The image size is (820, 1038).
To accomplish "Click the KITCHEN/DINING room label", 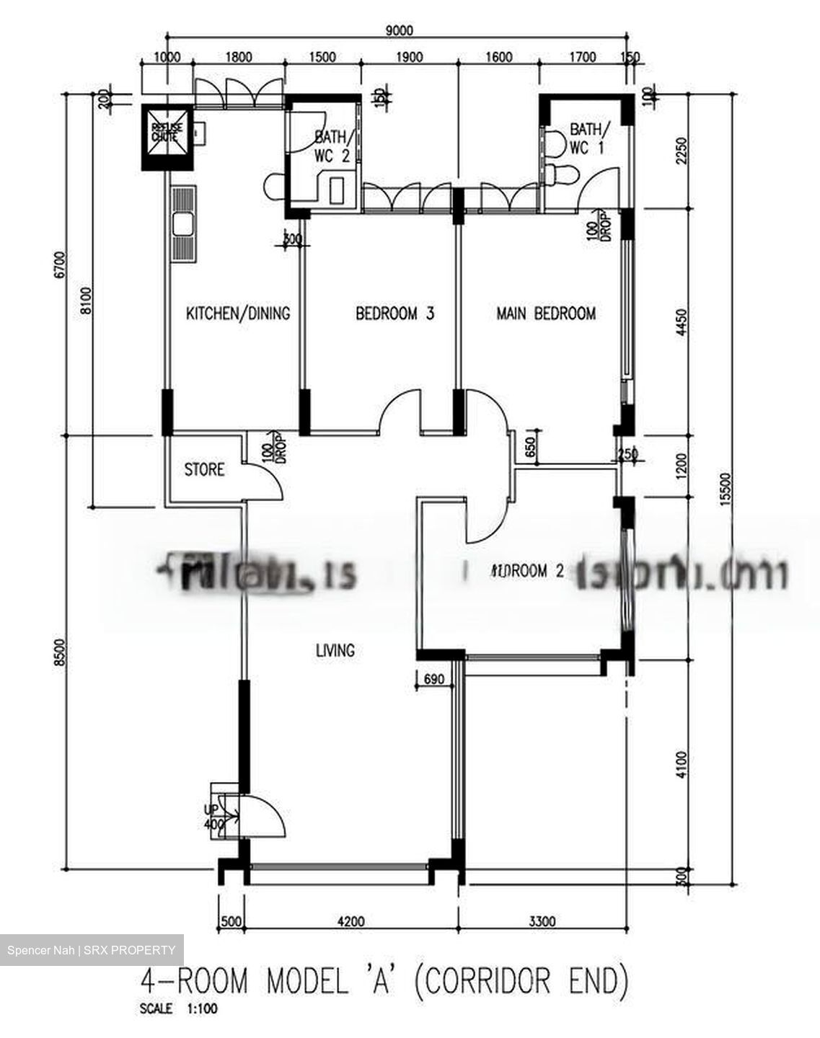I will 238,314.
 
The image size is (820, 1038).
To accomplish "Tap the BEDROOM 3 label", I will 394,314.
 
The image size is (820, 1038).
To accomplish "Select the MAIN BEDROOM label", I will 546,314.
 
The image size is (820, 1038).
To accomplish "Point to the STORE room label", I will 204,470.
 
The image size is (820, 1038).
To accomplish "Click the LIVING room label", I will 335,650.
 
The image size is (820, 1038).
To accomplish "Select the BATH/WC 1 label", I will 588,138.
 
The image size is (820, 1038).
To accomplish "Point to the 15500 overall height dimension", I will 726,490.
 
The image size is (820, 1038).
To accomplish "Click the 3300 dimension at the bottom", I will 542,921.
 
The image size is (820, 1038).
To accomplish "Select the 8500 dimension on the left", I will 60,652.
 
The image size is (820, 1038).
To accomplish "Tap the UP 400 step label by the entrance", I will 213,817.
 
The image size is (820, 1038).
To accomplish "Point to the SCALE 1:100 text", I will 177,1009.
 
